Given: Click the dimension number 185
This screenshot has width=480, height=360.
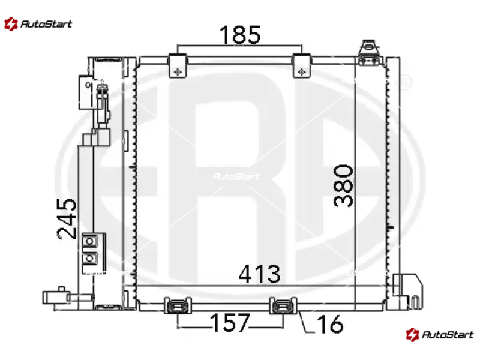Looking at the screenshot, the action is (x=240, y=34).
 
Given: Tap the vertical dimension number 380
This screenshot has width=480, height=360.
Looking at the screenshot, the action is (x=343, y=186).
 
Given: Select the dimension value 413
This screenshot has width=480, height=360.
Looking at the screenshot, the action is (x=259, y=274).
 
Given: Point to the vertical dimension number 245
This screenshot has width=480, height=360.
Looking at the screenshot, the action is (x=67, y=218).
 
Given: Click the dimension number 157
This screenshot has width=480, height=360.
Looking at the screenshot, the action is (x=230, y=322).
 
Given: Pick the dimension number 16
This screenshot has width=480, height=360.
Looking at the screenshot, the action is (x=329, y=323).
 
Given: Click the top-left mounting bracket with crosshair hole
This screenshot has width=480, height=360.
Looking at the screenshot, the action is (x=178, y=65).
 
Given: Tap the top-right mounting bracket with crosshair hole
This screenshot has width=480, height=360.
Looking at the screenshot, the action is (x=302, y=65).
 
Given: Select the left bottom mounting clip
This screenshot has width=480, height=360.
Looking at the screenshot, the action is (x=178, y=305).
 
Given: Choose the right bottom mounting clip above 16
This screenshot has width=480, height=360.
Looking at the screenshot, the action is (x=283, y=305).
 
